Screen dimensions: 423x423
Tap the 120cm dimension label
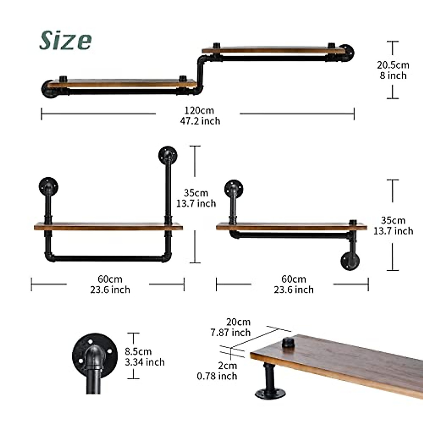(199, 110)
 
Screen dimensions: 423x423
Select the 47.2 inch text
(200, 121)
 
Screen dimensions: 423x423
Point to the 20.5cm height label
(393, 65)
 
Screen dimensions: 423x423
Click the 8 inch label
(393, 75)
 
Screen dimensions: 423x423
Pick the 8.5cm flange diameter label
(138, 351)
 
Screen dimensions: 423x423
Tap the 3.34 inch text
(145, 362)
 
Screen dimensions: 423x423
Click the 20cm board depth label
(238, 322)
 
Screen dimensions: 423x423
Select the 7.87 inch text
(231, 332)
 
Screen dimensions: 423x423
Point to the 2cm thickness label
(227, 366)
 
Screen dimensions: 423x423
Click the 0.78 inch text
(217, 376)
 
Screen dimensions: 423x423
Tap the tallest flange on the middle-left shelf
(167, 155)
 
